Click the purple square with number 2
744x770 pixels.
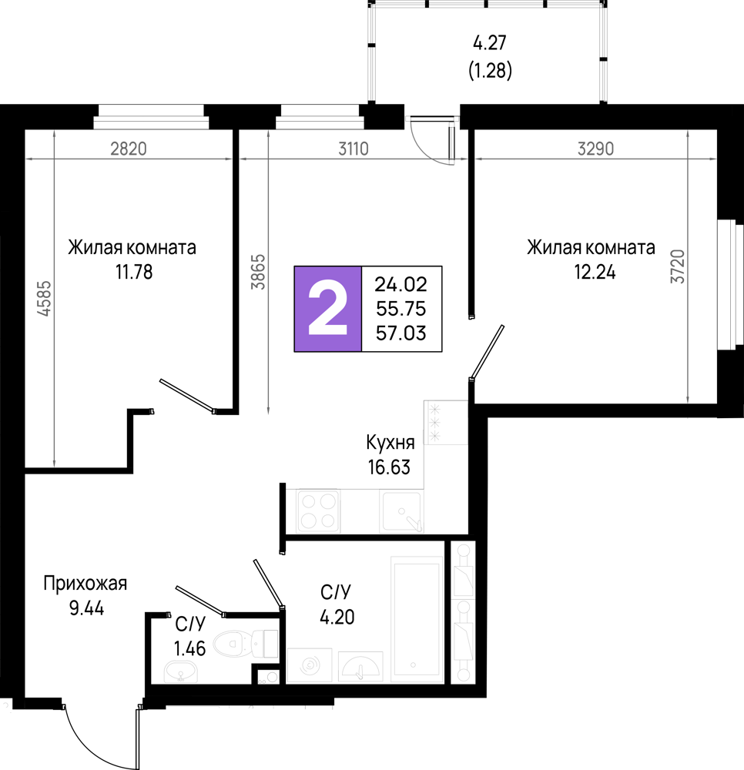[328, 309]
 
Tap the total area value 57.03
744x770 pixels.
[401, 333]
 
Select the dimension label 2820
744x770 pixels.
[128, 149]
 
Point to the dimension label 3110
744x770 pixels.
[353, 149]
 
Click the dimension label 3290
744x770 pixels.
[595, 149]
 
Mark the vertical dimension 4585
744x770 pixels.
[44, 298]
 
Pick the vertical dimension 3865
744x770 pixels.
[258, 272]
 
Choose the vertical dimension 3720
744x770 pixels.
[678, 266]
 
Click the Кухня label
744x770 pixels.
[390, 443]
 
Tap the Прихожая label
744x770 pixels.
[85, 584]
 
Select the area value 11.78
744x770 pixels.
[134, 272]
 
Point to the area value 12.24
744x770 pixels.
[595, 272]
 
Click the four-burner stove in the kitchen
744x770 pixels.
[318, 511]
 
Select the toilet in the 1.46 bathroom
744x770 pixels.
[246, 643]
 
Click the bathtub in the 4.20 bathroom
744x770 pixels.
[417, 619]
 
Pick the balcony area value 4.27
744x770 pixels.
[490, 42]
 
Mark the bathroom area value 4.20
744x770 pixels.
[337, 617]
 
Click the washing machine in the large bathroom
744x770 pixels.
[310, 665]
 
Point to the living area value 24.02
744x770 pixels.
[401, 284]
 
